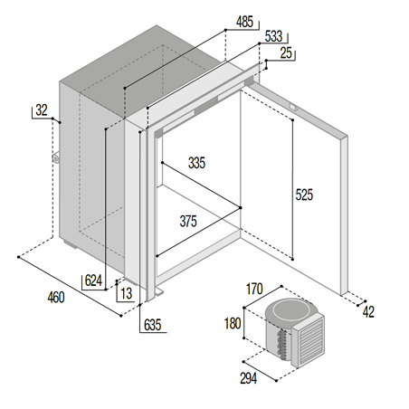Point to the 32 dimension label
41,109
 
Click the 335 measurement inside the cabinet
197,164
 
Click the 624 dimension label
93,281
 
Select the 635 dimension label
152,325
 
